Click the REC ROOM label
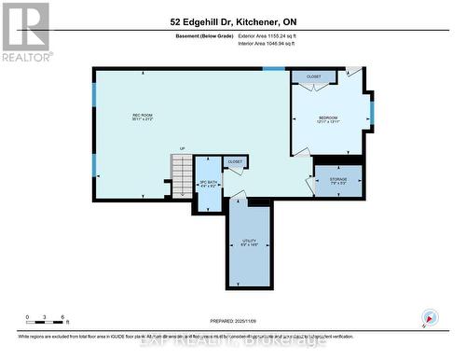[142, 117]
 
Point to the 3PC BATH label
[208, 184]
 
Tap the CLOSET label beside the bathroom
[235, 161]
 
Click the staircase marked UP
[181, 168]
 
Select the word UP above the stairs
[182, 149]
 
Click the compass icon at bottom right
[430, 317]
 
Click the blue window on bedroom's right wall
[371, 111]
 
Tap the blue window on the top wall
[274, 69]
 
